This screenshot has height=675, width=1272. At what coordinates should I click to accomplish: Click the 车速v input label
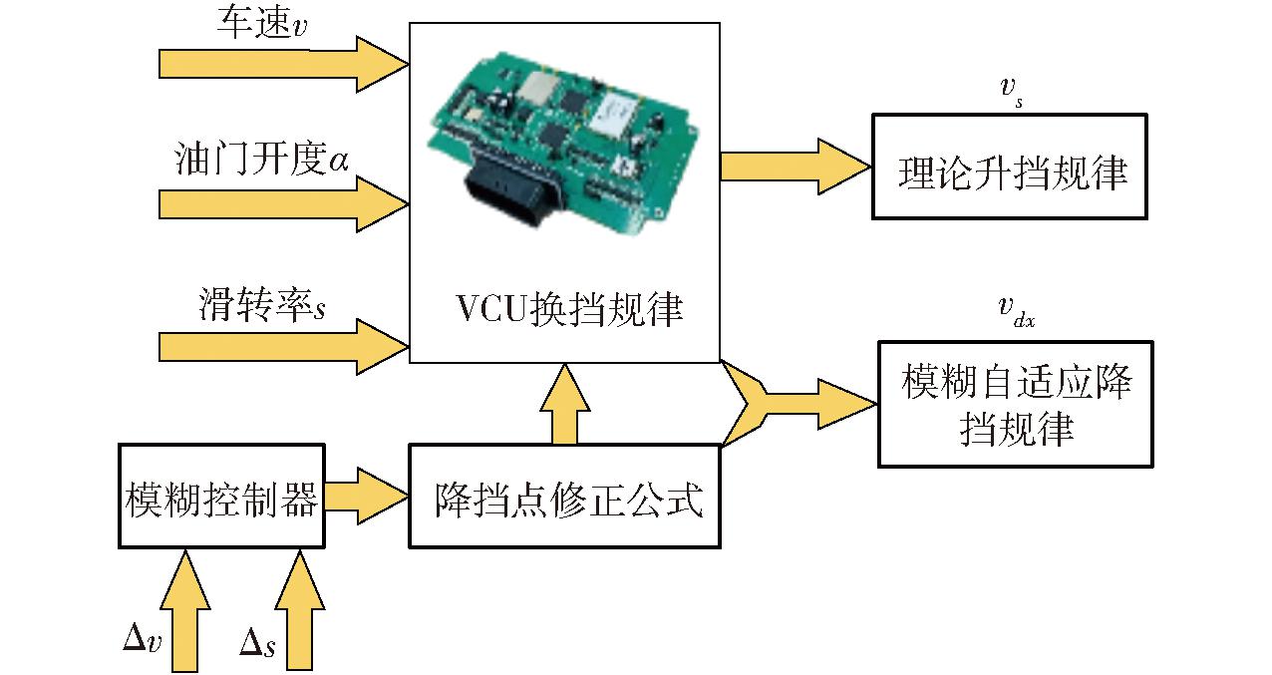pos(262,22)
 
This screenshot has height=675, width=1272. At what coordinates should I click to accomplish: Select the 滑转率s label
pos(262,304)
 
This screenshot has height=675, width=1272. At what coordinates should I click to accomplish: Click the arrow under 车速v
pos(283,64)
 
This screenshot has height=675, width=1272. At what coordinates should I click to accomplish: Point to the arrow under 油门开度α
pos(283,204)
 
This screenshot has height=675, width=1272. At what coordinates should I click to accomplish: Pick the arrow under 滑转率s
pos(283,347)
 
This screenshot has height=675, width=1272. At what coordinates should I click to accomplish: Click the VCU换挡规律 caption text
pos(569,310)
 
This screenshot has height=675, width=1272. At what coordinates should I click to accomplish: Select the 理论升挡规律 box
pos(1010,167)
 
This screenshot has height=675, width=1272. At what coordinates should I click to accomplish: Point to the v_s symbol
pos(1011,91)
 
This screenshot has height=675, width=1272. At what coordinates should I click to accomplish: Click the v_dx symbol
pos(1016,312)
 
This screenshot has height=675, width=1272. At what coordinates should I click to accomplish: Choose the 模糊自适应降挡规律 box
pos(1016,404)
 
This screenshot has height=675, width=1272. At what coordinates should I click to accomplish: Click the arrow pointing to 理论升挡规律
pos(795,167)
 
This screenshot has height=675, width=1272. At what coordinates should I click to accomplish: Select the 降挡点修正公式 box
pos(564,496)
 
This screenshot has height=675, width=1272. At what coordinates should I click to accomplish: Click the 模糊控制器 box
pos(221,496)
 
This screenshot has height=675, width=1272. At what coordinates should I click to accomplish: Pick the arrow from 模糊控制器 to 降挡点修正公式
pos(367,496)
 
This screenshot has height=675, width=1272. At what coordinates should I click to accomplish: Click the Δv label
pos(142,637)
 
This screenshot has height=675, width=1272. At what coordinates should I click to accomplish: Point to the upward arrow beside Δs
pos(299,611)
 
